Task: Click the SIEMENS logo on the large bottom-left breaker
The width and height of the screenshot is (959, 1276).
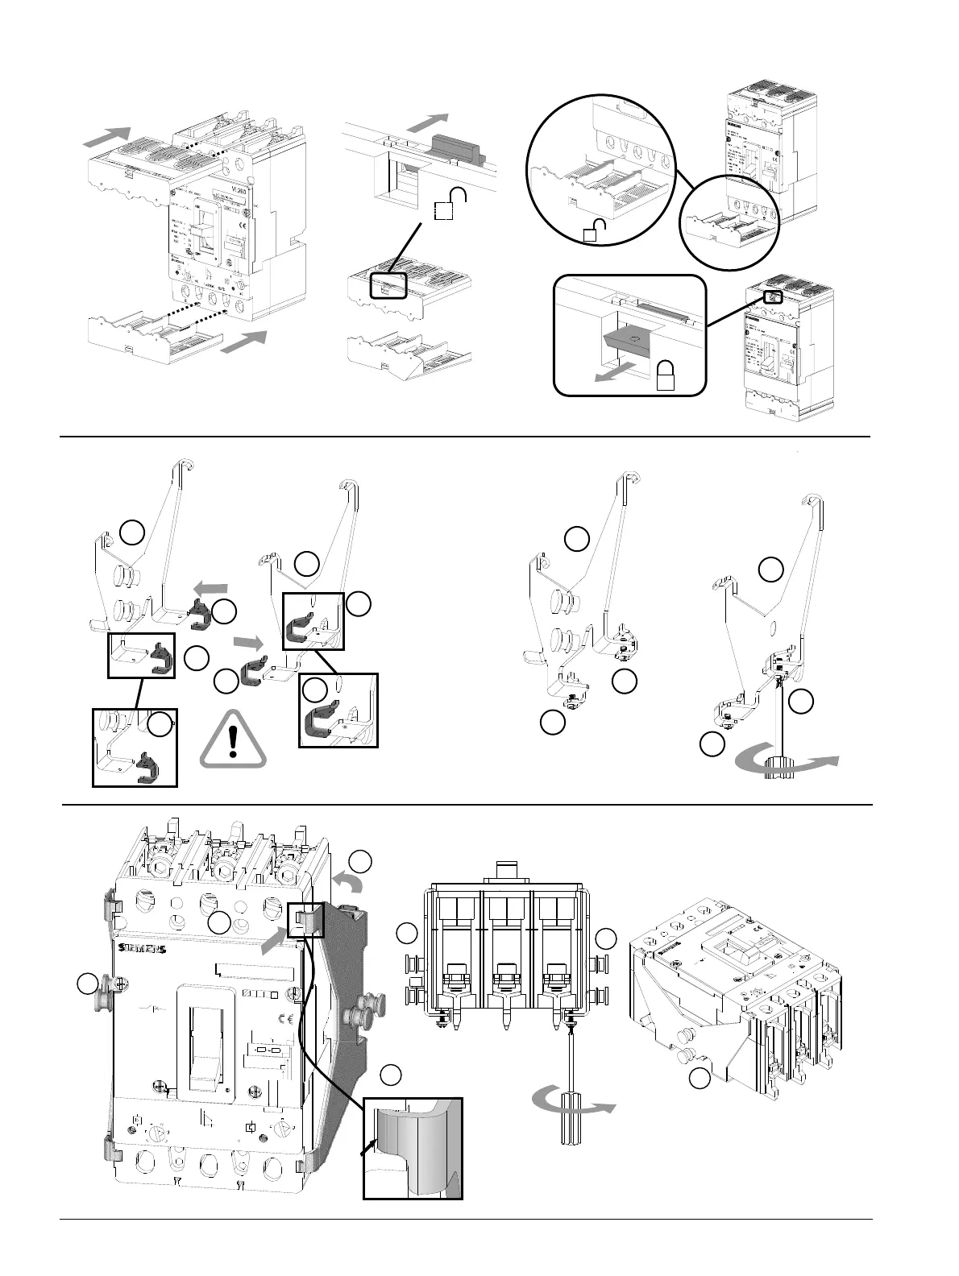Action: (142, 949)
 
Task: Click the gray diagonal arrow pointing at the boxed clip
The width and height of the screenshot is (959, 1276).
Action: (275, 939)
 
